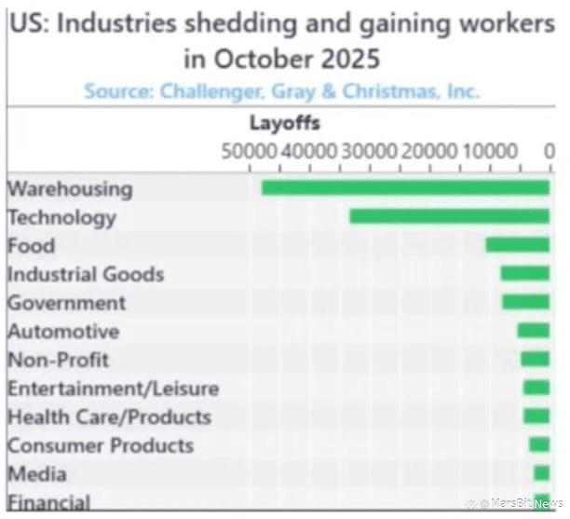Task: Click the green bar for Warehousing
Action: click(405, 188)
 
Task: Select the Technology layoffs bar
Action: click(449, 217)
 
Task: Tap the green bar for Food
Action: click(517, 245)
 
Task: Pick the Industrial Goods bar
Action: click(524, 274)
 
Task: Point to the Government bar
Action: click(525, 302)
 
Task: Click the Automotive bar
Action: click(533, 331)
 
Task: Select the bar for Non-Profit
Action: click(535, 359)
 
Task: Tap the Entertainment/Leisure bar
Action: click(536, 388)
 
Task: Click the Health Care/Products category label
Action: click(109, 417)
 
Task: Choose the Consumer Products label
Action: click(101, 445)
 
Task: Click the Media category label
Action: click(37, 474)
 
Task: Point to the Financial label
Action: click(49, 502)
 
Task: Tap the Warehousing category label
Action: click(70, 189)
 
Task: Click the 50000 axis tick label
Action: click(248, 152)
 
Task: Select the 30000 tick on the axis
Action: click(368, 152)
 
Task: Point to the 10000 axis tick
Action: click(489, 152)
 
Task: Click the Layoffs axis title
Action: click(284, 123)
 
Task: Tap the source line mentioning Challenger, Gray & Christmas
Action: click(281, 91)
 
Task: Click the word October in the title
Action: click(264, 59)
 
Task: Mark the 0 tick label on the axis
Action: click(550, 152)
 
